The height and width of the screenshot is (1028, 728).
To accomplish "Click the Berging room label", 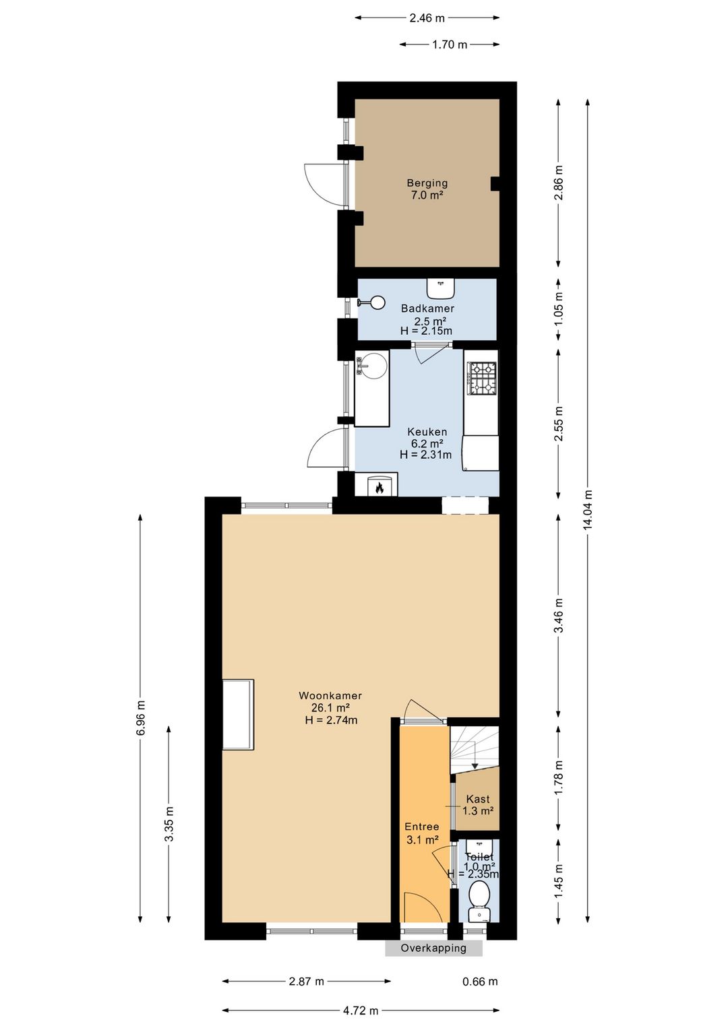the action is click(427, 183).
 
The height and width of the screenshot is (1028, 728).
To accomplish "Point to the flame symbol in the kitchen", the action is click(379, 488).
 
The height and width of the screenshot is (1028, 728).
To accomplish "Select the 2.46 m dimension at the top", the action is click(427, 18).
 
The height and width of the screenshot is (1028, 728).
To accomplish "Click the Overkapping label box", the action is click(433, 948).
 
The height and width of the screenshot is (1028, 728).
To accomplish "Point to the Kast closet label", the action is click(478, 799).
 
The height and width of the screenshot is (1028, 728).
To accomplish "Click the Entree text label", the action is click(422, 827).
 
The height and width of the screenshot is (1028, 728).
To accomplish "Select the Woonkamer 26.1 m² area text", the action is click(331, 707).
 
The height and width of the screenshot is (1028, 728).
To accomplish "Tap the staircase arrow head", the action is click(475, 766).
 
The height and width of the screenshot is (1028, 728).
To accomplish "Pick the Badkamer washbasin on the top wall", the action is click(441, 288).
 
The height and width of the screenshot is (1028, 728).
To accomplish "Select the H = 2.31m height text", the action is click(425, 455).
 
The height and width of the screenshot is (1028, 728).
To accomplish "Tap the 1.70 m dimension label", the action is click(450, 44).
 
